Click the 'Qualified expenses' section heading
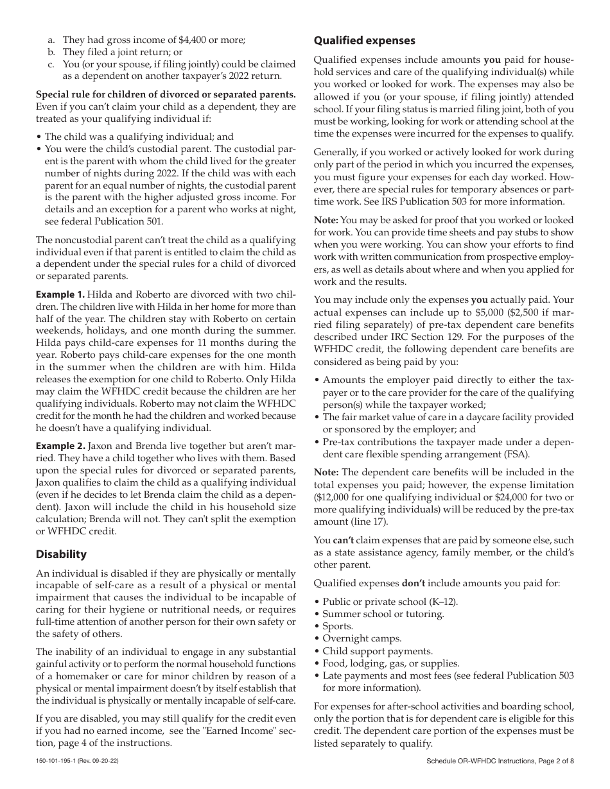click(364, 41)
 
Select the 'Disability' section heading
click(61, 554)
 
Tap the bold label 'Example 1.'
click(60, 294)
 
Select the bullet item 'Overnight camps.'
click(362, 638)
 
